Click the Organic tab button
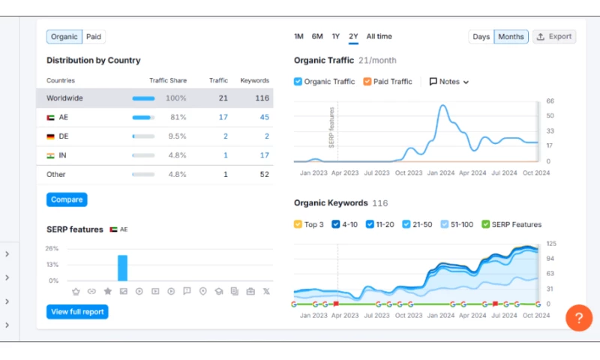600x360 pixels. tap(64, 37)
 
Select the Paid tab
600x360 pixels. tap(94, 37)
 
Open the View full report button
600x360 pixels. tap(77, 312)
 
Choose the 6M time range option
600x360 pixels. tap(317, 37)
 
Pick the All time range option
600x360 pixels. tap(379, 37)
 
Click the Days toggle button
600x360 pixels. tap(481, 37)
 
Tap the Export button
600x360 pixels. tap(554, 37)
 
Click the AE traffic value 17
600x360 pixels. tap(223, 117)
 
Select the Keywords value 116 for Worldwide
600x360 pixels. tap(262, 98)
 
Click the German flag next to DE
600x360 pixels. tap(50, 136)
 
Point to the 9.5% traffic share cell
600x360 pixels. tap(176, 136)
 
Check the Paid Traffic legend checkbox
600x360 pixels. tap(367, 82)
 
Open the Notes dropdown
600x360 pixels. tap(449, 82)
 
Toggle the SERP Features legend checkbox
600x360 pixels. tap(485, 224)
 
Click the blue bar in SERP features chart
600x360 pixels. tap(122, 268)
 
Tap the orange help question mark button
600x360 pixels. tap(579, 317)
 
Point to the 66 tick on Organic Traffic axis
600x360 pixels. tap(550, 100)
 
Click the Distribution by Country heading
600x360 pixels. tap(93, 61)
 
